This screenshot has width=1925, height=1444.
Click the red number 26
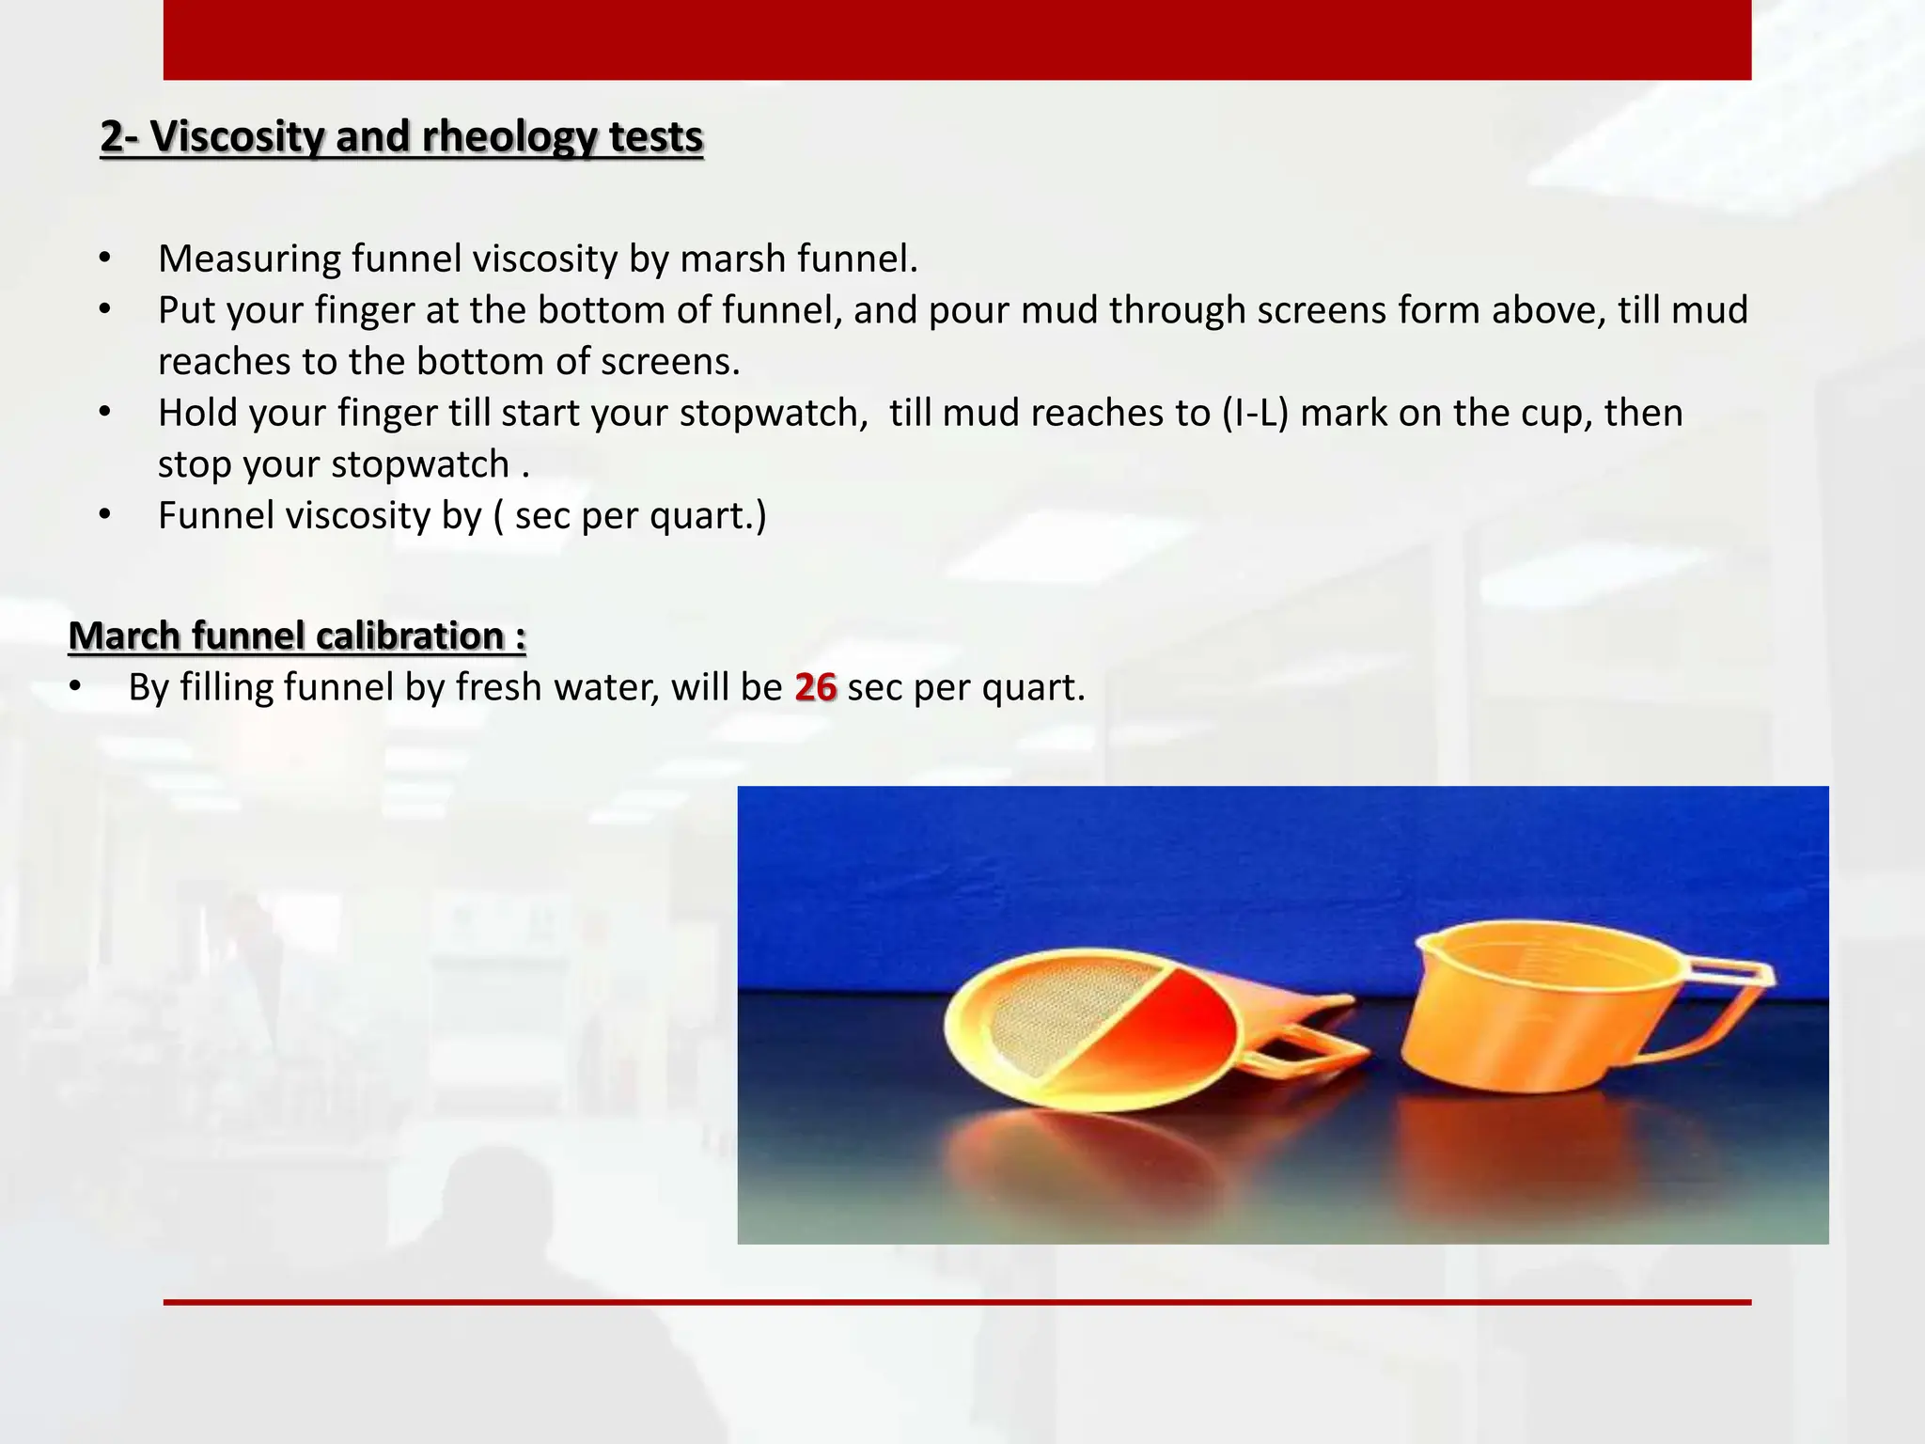pos(815,687)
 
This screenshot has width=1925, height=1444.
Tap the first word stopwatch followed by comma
pos(774,413)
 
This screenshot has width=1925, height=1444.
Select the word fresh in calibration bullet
pos(498,687)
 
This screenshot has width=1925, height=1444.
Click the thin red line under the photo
pos(957,1302)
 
